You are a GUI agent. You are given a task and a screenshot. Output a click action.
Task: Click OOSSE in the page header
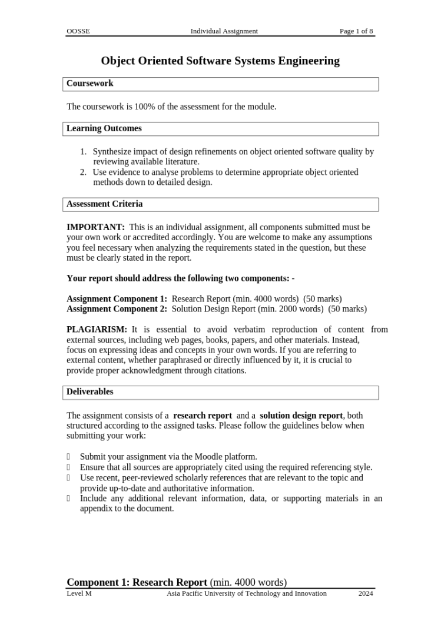coord(78,31)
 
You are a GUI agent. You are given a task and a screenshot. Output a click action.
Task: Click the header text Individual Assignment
coord(224,31)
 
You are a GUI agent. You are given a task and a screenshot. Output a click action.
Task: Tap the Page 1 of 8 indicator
coord(356,31)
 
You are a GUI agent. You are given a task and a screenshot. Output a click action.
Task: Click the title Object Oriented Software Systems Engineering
coord(220,61)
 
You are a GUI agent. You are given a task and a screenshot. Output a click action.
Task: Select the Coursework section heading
coord(89,84)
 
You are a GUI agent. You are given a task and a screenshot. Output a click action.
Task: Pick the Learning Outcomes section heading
coord(104,128)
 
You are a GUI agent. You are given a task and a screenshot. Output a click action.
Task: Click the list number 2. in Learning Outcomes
coord(83,172)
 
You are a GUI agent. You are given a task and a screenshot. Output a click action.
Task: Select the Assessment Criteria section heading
coord(104,204)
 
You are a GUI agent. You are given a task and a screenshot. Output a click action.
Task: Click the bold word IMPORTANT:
coord(95,227)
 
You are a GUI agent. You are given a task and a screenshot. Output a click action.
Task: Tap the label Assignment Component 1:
coord(117,299)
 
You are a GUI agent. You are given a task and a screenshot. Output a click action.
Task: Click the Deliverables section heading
coord(89,392)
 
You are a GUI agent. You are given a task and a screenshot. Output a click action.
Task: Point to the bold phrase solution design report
coord(301,416)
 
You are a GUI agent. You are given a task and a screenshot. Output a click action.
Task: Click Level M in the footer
coord(79,593)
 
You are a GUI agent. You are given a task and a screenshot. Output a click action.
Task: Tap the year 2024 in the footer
coord(366,593)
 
